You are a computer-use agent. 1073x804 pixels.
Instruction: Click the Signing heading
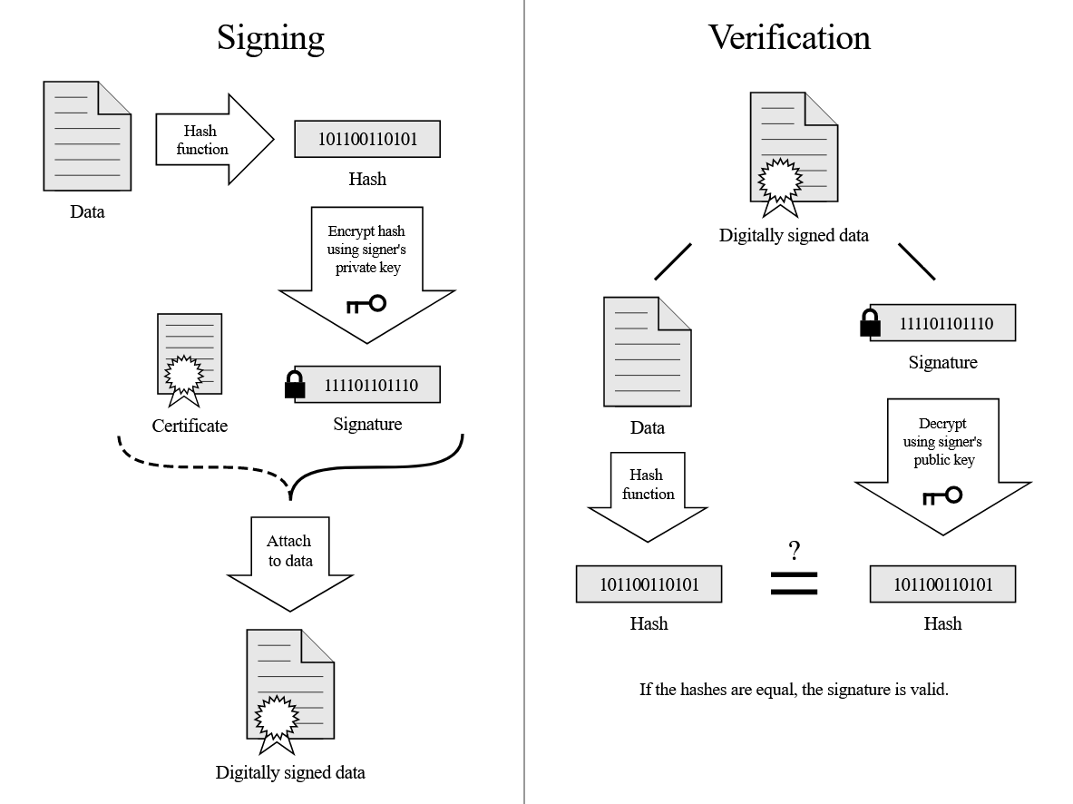pyautogui.click(x=270, y=37)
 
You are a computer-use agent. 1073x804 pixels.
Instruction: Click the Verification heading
pyautogui.click(x=789, y=37)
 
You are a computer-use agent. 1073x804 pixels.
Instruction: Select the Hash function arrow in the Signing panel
pyautogui.click(x=214, y=140)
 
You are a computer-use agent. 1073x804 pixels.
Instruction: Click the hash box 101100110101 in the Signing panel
pyautogui.click(x=366, y=139)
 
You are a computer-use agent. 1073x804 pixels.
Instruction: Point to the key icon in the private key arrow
pyautogui.click(x=366, y=304)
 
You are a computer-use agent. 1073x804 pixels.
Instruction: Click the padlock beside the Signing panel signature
pyautogui.click(x=295, y=386)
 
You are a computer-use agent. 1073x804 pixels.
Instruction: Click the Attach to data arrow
pyautogui.click(x=290, y=563)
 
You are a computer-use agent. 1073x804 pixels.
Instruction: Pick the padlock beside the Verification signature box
pyautogui.click(x=870, y=324)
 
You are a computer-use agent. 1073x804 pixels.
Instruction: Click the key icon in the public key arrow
pyautogui.click(x=942, y=495)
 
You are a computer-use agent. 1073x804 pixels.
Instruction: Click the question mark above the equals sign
pyautogui.click(x=794, y=550)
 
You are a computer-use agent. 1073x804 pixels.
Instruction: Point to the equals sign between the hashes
pyautogui.click(x=794, y=583)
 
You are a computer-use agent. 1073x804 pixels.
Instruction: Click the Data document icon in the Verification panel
pyautogui.click(x=647, y=353)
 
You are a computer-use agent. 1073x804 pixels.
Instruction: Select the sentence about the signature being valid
pyautogui.click(x=793, y=689)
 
